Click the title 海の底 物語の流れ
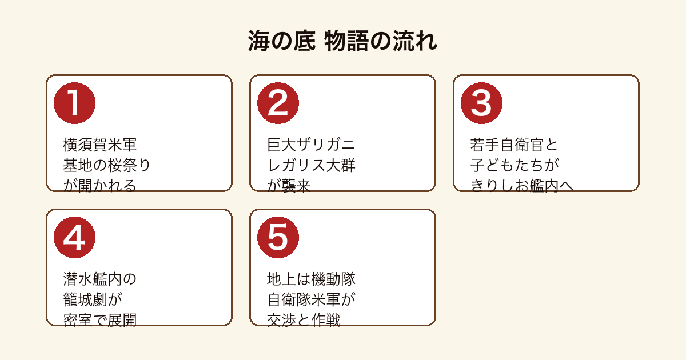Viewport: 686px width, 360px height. [x=342, y=41]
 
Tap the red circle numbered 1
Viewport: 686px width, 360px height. [x=74, y=103]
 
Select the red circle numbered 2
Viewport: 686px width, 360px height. [x=278, y=103]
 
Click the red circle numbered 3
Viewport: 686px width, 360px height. [x=481, y=103]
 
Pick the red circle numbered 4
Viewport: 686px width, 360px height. [x=74, y=238]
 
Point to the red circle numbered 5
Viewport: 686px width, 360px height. [x=278, y=238]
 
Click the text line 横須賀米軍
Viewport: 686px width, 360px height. [x=100, y=145]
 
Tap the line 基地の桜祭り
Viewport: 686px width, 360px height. [x=107, y=165]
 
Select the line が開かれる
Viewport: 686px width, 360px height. [x=100, y=186]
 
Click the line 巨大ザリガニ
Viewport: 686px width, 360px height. [x=311, y=145]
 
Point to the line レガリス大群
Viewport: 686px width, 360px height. [x=311, y=165]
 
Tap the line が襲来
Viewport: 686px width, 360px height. [x=289, y=186]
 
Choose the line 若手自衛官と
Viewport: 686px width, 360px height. [x=514, y=145]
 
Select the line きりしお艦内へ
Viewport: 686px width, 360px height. [x=522, y=186]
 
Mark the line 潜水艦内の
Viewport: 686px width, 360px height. [x=100, y=279]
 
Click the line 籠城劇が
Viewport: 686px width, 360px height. [x=93, y=299]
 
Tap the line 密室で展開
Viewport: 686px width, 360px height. [x=100, y=320]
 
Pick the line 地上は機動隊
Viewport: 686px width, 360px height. [x=311, y=279]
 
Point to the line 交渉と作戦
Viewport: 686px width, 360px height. [x=304, y=320]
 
